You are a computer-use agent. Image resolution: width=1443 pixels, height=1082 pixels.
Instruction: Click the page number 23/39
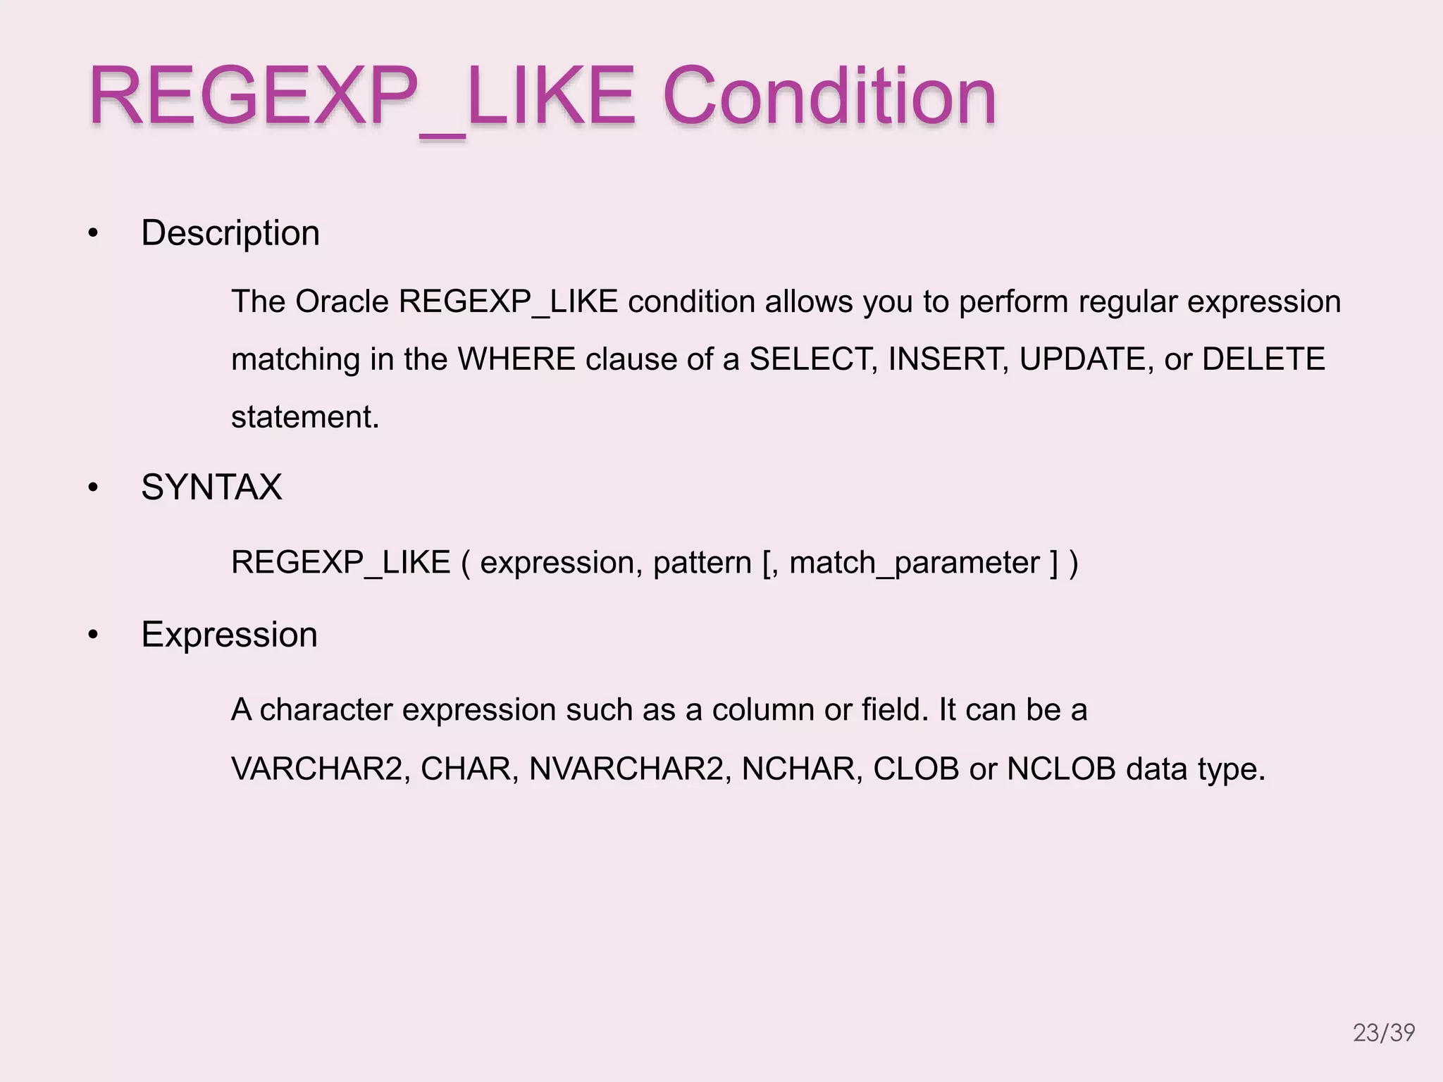1384,1033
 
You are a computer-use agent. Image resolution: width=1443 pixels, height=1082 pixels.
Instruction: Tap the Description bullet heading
230,233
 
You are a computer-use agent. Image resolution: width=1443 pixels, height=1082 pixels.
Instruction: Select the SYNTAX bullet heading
211,487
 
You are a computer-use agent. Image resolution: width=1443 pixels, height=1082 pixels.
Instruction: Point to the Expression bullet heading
229,635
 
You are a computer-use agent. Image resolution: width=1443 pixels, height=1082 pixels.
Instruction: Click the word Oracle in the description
342,302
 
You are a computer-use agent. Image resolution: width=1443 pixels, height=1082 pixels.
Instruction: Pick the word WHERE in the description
516,359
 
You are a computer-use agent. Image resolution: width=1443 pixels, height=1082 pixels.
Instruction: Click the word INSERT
948,359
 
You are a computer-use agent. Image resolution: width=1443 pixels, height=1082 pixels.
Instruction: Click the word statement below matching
304,417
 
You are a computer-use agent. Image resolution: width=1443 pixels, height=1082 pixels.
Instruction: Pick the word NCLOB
1061,769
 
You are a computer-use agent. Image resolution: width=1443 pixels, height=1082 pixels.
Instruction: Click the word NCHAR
801,769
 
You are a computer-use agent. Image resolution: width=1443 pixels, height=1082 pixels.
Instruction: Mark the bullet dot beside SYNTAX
93,488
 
